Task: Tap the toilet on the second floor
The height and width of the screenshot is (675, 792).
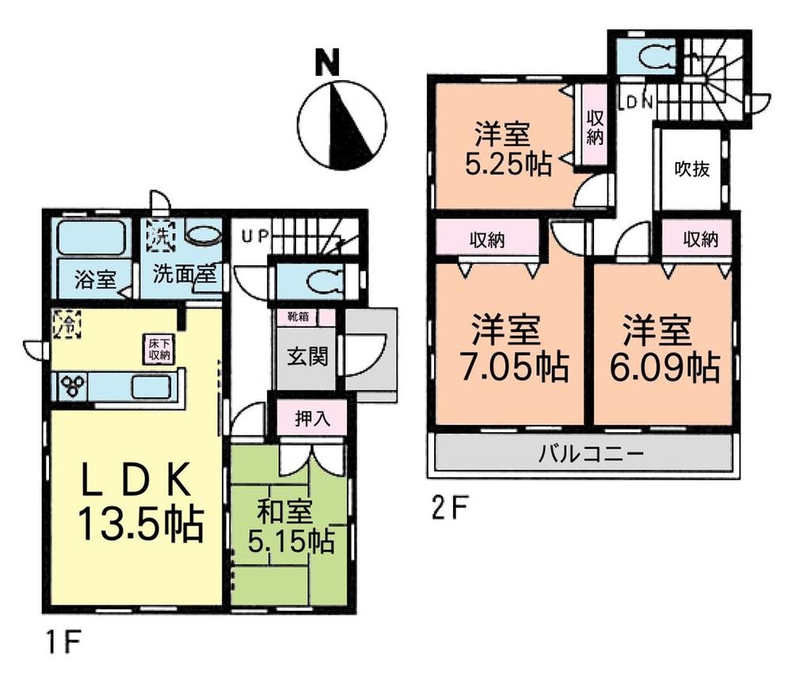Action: (x=653, y=56)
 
